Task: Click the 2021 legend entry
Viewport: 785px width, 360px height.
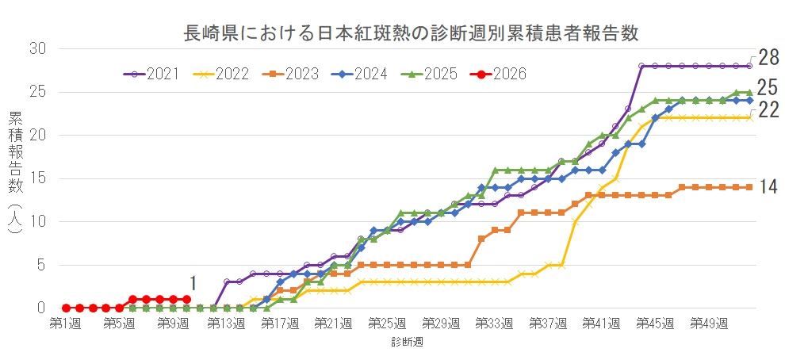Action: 151,74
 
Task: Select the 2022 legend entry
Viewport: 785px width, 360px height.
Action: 221,74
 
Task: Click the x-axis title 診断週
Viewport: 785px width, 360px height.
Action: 406,343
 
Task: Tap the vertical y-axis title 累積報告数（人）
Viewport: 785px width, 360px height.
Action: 16,174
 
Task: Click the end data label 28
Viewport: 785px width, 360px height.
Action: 768,57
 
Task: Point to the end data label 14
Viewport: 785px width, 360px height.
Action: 768,186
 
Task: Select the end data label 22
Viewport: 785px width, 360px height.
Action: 768,110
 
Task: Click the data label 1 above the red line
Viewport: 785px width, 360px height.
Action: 192,283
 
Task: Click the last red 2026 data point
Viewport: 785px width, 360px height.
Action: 186,299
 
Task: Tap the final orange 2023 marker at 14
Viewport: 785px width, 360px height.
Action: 749,187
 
